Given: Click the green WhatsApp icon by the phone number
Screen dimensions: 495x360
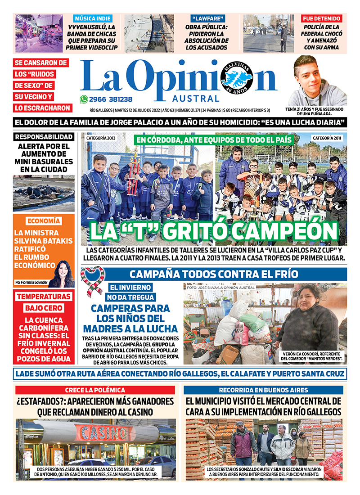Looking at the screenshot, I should pos(84,99).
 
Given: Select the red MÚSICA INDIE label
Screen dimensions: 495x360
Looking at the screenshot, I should pos(94,19).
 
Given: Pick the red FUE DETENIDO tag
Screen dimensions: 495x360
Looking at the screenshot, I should pos(321,19).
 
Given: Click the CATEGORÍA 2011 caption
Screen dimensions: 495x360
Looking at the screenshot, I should pos(327,138).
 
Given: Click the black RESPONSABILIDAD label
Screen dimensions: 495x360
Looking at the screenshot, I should pos(44,137).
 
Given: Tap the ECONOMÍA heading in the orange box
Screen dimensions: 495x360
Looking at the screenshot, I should pos(44,221).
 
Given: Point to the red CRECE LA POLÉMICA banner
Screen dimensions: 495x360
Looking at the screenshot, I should pos(95,390).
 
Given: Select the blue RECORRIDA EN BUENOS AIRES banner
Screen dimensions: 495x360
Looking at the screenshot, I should pos(264,390).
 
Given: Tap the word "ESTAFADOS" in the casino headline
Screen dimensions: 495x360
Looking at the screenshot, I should pos(41,400).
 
